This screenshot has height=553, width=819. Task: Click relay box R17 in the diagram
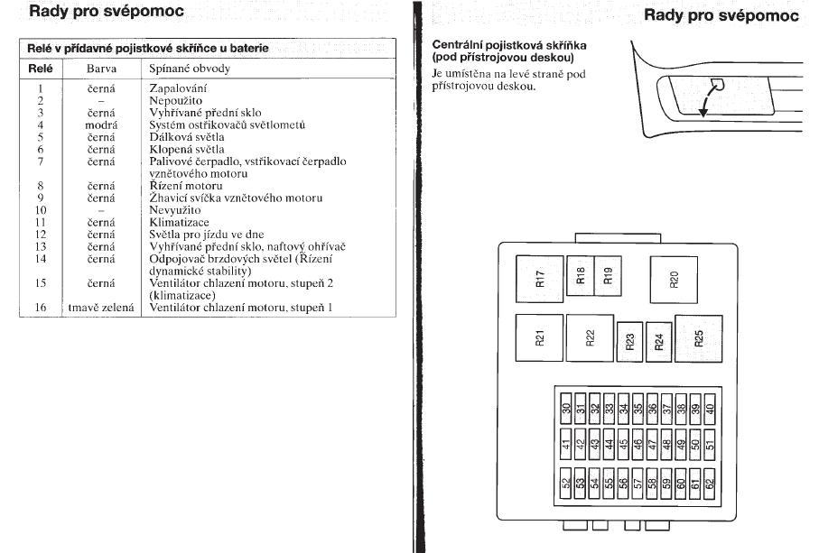pyautogui.click(x=540, y=279)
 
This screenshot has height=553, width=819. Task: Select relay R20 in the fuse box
pyautogui.click(x=675, y=279)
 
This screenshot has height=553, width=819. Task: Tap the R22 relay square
pyautogui.click(x=590, y=338)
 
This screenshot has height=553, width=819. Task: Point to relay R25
pyautogui.click(x=699, y=338)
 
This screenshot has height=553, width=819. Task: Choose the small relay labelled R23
pyautogui.click(x=630, y=341)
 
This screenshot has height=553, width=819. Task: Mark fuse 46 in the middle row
pyautogui.click(x=638, y=445)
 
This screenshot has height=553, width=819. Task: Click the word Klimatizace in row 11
pyautogui.click(x=179, y=221)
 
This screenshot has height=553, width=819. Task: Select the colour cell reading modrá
pyautogui.click(x=101, y=124)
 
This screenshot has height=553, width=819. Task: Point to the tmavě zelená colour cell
pyautogui.click(x=101, y=308)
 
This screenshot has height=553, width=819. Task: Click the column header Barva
pyautogui.click(x=101, y=69)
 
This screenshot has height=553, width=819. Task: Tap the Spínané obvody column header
pyautogui.click(x=190, y=69)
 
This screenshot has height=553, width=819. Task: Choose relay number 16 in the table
pyautogui.click(x=41, y=308)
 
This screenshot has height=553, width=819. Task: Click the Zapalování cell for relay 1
pyautogui.click(x=178, y=88)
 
